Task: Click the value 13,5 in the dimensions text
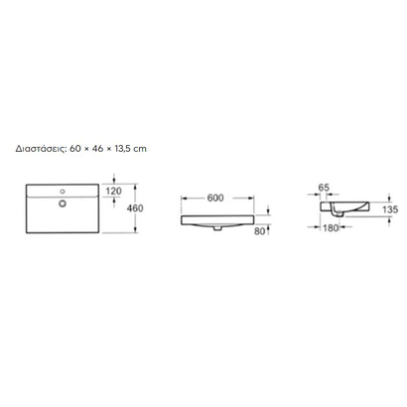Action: (x=123, y=149)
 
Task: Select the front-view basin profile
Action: (x=219, y=218)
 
